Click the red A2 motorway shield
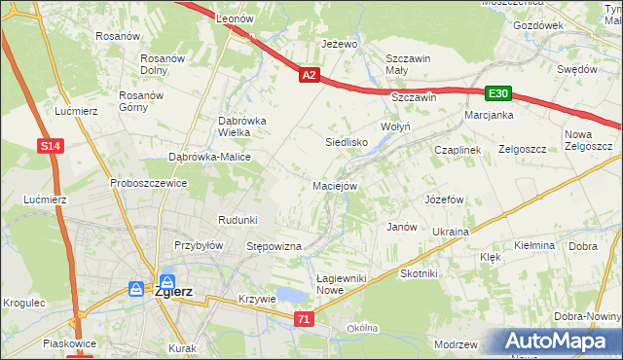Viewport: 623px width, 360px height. (309, 74)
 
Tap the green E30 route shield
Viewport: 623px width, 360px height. (498, 93)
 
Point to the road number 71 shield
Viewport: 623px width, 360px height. (306, 319)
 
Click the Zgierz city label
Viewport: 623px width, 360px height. (174, 290)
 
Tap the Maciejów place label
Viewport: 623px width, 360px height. (336, 185)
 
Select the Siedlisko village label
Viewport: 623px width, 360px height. (346, 142)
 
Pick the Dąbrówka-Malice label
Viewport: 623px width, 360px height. (210, 157)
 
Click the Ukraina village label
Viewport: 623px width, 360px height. (451, 232)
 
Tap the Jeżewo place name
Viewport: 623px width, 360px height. (341, 45)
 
